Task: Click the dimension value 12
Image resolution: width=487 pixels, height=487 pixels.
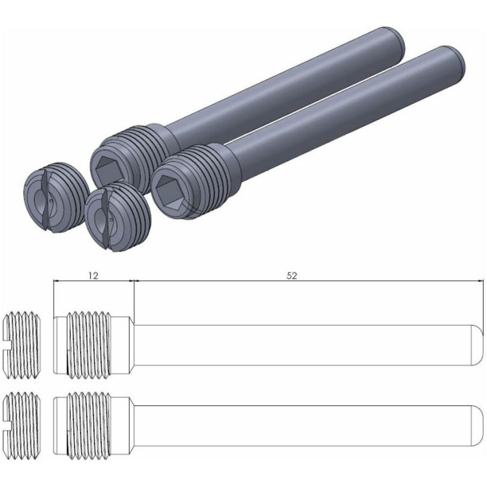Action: [93, 275]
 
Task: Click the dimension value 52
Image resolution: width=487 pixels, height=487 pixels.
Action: [292, 276]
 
